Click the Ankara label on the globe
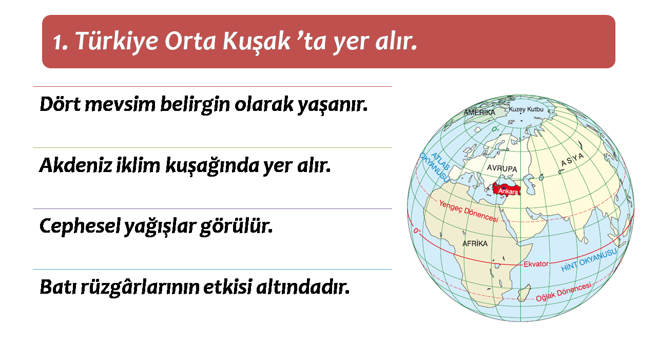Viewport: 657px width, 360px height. [x=508, y=192]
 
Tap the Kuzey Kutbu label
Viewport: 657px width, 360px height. [x=526, y=109]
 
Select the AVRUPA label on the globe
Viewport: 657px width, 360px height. [x=502, y=168]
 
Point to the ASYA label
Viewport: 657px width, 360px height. [x=572, y=160]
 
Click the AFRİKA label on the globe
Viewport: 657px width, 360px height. [x=475, y=243]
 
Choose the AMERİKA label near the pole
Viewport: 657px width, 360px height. [x=479, y=112]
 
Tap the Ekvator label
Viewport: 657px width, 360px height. [x=536, y=264]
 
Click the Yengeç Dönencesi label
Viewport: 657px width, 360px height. [x=469, y=211]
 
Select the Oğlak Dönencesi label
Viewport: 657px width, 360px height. [x=564, y=292]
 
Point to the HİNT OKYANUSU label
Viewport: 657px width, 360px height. [x=589, y=260]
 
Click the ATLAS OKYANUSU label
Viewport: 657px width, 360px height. [x=435, y=167]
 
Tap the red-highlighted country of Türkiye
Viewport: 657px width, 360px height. [x=506, y=189]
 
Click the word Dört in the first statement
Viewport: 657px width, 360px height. [x=60, y=104]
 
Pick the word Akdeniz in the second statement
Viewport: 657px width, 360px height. [x=75, y=165]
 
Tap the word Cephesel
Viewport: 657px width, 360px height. [x=80, y=226]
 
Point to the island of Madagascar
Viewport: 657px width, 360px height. [x=524, y=293]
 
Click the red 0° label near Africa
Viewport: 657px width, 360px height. [x=417, y=231]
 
